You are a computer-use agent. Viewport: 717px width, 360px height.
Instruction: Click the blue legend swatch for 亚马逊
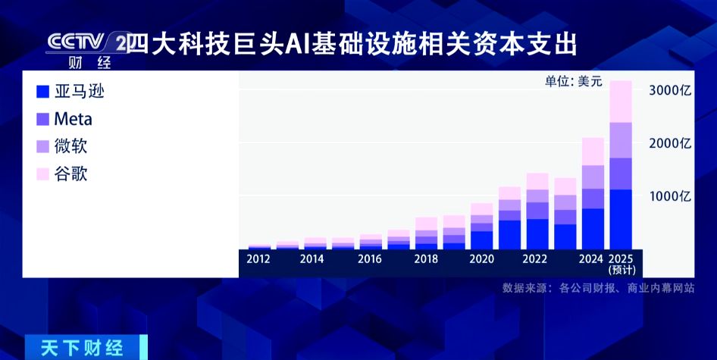coord(42,92)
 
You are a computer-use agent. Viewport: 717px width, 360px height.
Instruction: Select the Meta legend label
coord(74,120)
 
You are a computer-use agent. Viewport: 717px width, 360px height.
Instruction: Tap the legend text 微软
coord(70,146)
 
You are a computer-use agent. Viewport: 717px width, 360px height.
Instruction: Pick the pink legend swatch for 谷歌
coord(42,174)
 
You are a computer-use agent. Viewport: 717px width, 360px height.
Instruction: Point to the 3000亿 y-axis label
coord(670,91)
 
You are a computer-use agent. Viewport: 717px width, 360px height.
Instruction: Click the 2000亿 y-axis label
coord(670,143)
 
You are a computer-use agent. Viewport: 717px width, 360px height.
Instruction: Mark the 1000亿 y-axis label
coord(670,196)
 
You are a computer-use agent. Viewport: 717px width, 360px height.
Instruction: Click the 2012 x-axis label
coord(258,259)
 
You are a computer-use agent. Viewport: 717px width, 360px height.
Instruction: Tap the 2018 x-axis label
coord(426,259)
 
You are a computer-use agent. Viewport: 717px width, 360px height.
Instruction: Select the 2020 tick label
coord(481,259)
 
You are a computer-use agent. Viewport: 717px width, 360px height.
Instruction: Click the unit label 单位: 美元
coord(574,81)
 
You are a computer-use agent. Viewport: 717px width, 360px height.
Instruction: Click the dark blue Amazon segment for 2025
coord(621,219)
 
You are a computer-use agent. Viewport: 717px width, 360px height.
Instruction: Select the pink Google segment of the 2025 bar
coord(621,102)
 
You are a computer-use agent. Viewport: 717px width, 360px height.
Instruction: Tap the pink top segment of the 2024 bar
coord(593,152)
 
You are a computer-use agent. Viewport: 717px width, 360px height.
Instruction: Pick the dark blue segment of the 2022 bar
coord(537,234)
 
